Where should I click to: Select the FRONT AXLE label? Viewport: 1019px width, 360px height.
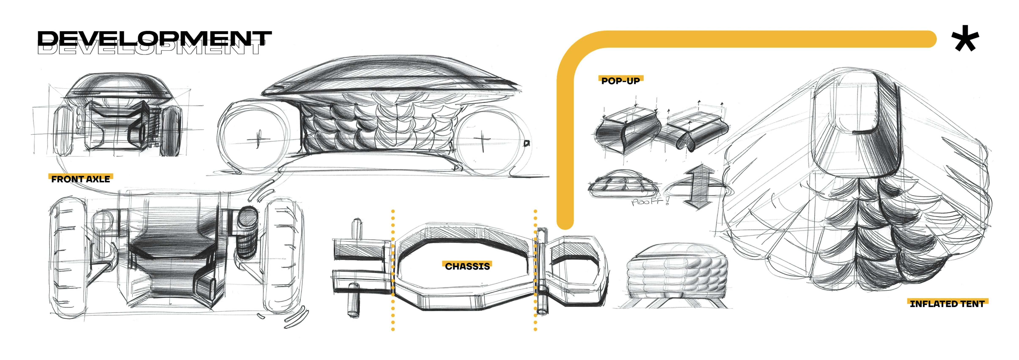[x=81, y=179]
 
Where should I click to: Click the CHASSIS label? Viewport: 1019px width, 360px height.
[x=467, y=266]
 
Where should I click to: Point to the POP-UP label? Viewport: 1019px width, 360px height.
[x=620, y=81]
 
